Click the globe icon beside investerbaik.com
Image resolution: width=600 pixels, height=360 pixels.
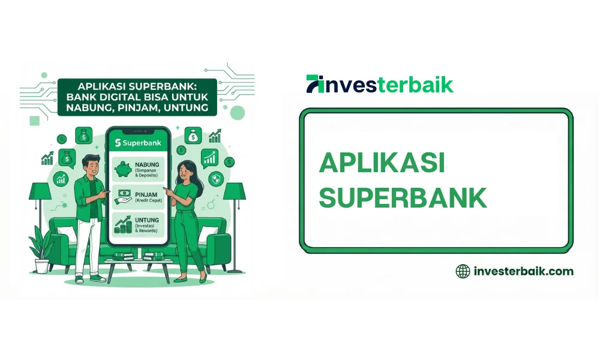tap(463, 271)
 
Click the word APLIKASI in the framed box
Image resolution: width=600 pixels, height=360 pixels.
tap(382, 163)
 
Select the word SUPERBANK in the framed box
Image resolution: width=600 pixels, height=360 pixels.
tap(403, 198)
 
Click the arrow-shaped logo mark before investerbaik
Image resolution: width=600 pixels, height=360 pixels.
tap(314, 84)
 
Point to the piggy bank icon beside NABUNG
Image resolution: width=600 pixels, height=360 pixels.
tap(124, 169)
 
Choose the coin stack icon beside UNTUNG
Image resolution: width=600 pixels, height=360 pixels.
tap(124, 226)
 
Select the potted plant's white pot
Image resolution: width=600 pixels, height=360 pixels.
tap(42, 266)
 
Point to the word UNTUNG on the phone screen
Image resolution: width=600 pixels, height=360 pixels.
tap(148, 221)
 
